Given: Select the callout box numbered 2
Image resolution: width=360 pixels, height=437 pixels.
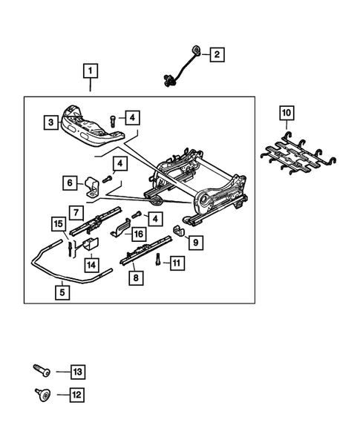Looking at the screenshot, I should (x=216, y=54).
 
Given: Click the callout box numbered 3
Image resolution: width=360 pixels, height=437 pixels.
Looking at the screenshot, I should (x=50, y=121).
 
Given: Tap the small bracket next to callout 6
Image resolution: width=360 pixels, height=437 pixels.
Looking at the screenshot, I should (x=93, y=185).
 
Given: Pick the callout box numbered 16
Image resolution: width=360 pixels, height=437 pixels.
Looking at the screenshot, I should (x=138, y=233).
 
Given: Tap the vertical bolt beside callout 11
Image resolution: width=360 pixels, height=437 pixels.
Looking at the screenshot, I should (x=158, y=259).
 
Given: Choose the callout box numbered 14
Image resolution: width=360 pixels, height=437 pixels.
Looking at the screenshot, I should (x=91, y=263).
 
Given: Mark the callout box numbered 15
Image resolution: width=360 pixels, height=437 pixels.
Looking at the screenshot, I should (x=59, y=223).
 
